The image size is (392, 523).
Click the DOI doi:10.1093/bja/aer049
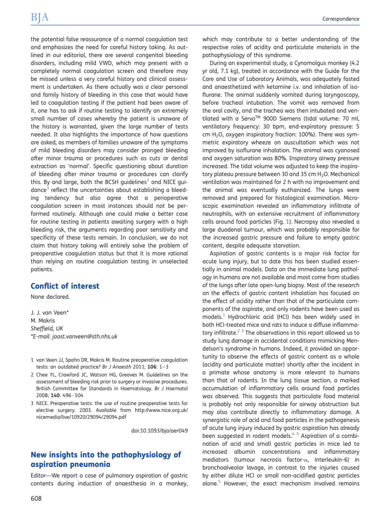tap(157, 431)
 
